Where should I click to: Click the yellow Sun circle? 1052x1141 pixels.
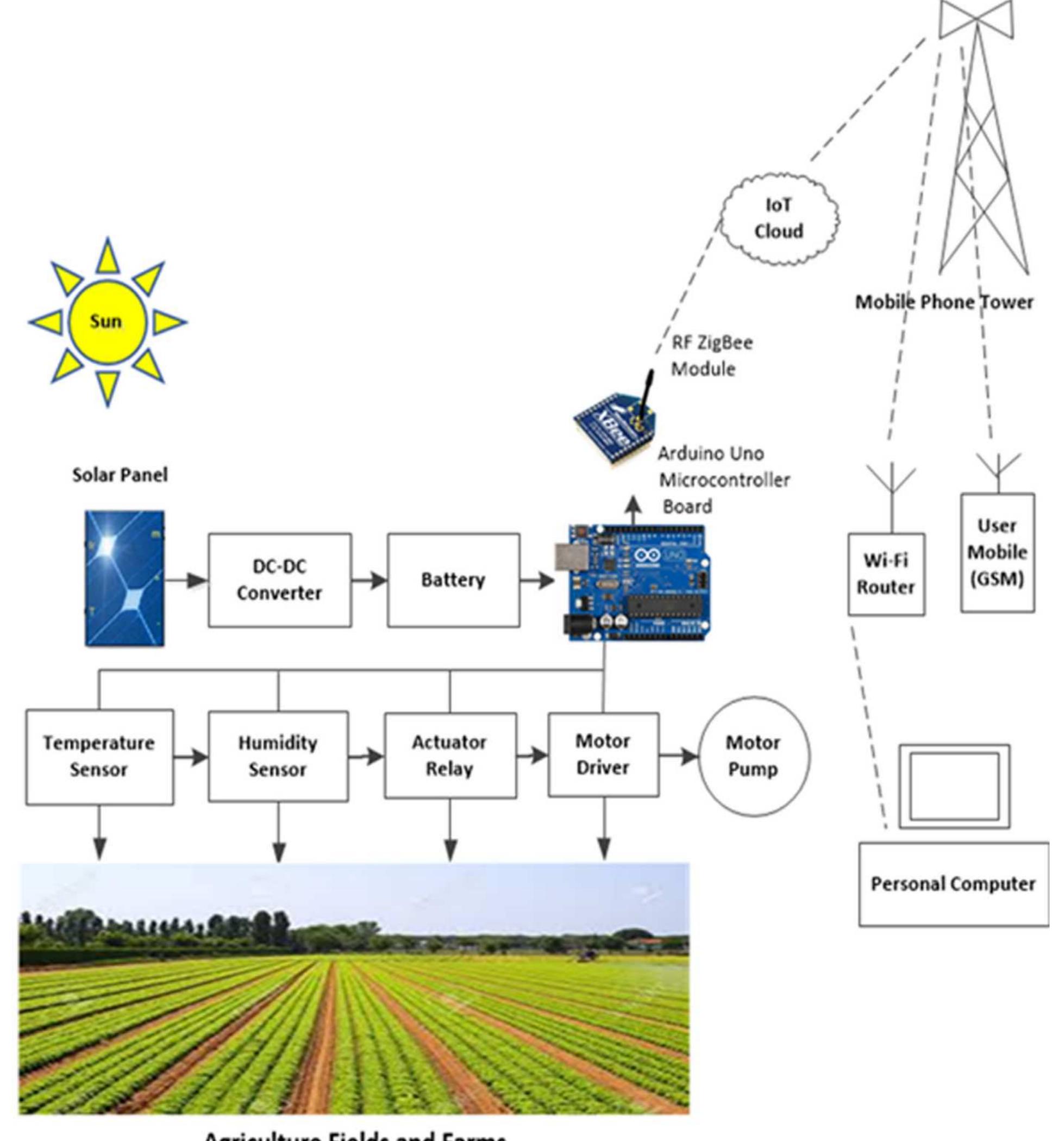[x=107, y=322]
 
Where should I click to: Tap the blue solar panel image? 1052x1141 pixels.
[x=124, y=578]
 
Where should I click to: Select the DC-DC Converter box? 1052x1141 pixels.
[x=279, y=580]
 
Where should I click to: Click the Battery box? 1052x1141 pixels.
[x=453, y=580]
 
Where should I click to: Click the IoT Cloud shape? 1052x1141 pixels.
[x=779, y=219]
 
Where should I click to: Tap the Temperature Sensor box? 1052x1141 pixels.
[x=99, y=756]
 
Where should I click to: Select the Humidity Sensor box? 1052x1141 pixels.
[x=278, y=756]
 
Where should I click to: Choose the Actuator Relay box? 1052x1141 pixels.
[x=450, y=756]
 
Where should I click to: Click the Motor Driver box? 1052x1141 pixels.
[x=603, y=755]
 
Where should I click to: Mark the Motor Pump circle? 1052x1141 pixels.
[x=753, y=756]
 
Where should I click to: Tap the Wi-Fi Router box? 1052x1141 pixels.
[x=886, y=574]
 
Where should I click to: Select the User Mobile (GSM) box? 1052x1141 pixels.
[x=997, y=552]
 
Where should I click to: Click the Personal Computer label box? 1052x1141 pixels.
[x=953, y=885]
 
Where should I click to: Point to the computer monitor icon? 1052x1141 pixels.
[x=954, y=786]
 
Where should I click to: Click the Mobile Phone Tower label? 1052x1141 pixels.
[x=944, y=302]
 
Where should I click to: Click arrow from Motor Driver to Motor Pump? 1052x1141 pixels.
[x=679, y=756]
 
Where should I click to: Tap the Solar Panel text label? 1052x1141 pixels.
[x=120, y=475]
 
